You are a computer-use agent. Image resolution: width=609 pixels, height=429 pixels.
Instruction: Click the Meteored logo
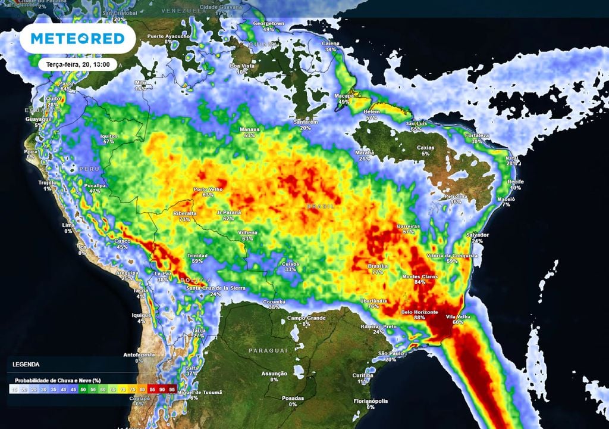coord(77,39)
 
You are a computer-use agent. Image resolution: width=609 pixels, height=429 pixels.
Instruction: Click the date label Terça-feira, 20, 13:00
coord(77,64)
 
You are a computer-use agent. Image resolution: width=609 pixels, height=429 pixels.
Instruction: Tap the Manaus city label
coord(249,129)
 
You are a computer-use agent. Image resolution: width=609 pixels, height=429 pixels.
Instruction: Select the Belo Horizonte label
coord(420,312)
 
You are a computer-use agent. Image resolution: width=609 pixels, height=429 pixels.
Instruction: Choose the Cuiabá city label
coord(291,263)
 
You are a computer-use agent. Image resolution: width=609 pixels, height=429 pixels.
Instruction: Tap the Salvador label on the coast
coord(477,235)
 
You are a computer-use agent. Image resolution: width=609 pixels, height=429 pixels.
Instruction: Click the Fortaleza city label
coord(477,135)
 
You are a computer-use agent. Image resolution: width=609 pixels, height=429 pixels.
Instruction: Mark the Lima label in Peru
coord(68,225)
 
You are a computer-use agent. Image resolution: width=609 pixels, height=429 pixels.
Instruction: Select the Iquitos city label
coord(108,136)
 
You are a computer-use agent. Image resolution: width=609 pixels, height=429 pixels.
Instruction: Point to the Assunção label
coord(274,374)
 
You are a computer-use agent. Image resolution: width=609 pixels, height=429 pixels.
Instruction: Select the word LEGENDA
coord(26,363)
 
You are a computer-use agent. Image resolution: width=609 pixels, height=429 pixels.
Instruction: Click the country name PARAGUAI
coord(268,350)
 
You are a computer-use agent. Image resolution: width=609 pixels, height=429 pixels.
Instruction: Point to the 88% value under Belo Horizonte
coord(420,318)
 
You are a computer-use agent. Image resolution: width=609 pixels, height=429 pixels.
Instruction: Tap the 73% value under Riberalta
coord(184,219)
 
